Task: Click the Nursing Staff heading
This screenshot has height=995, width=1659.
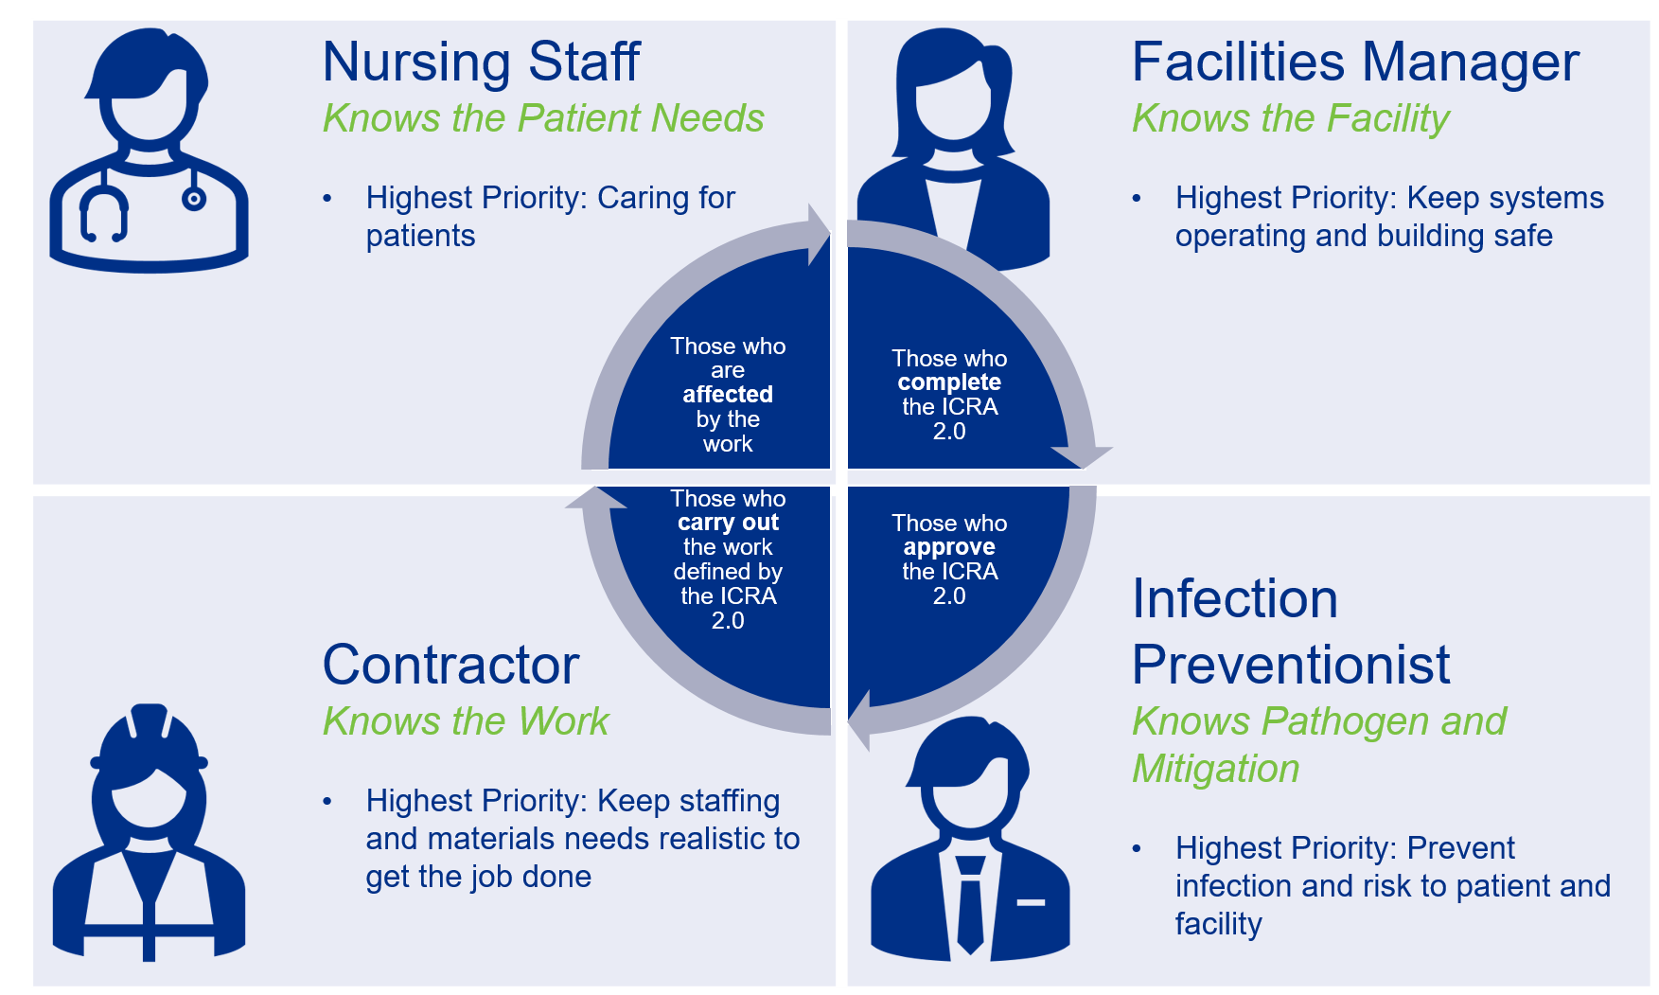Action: (481, 62)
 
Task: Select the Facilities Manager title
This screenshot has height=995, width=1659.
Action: (1354, 62)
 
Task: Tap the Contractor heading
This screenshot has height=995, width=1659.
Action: (450, 665)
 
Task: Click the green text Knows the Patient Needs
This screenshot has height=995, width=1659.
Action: (543, 118)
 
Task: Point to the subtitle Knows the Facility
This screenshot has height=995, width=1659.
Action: (1290, 118)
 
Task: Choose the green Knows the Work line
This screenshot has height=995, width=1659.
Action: (466, 721)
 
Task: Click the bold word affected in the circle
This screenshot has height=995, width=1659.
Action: (728, 395)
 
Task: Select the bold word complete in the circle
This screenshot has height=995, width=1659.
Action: (949, 382)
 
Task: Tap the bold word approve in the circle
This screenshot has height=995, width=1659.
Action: (949, 547)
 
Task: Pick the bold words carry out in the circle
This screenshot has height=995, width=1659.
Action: (728, 523)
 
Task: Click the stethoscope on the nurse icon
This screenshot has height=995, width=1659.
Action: (104, 213)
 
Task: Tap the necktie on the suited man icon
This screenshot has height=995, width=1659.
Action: (970, 904)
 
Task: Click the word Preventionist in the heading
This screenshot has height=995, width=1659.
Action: (1290, 665)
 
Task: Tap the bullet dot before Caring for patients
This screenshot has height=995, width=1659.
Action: (327, 199)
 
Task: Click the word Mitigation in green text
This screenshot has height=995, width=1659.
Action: (1216, 769)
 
